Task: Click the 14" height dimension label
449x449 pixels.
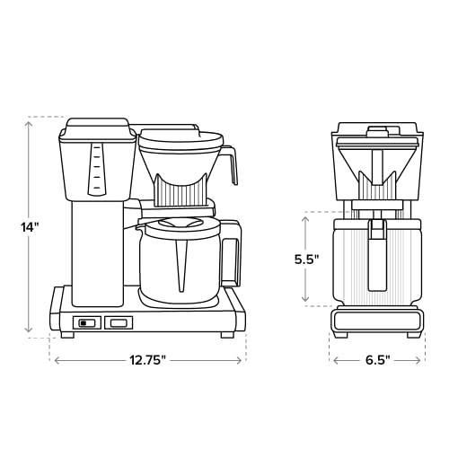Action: [x=31, y=227]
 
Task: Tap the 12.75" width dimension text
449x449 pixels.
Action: [x=147, y=360]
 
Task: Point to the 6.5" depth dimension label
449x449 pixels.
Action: [x=377, y=360]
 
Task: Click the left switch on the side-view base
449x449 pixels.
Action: [x=86, y=322]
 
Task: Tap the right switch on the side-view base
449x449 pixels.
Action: [x=118, y=322]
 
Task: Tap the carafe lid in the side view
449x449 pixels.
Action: [x=180, y=225]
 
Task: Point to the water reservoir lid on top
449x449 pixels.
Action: [x=94, y=124]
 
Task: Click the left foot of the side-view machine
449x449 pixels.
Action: [x=66, y=335]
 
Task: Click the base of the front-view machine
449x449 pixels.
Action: [x=377, y=320]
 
